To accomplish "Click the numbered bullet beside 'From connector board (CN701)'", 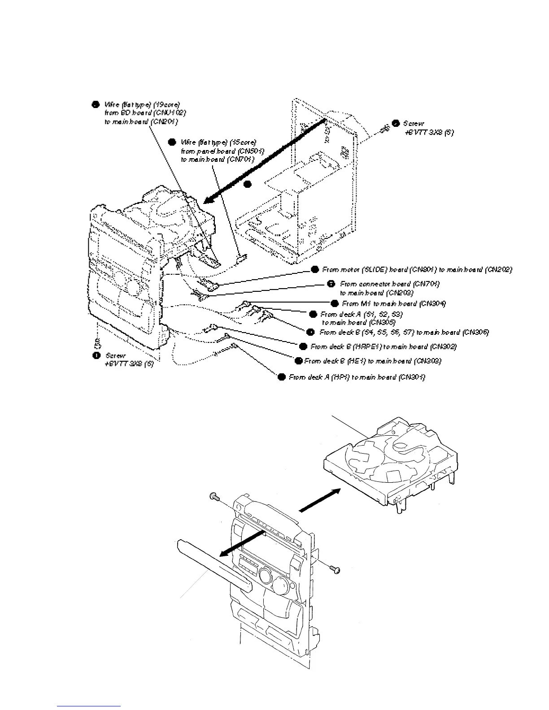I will (x=331, y=284).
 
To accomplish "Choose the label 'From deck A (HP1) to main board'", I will (x=357, y=377).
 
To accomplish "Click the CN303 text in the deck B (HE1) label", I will (x=427, y=361).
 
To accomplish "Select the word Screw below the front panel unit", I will (x=116, y=355).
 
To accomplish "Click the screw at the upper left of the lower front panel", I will (x=214, y=496).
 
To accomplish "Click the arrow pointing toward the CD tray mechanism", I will (x=318, y=499).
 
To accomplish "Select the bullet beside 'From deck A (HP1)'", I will (x=282, y=377).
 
